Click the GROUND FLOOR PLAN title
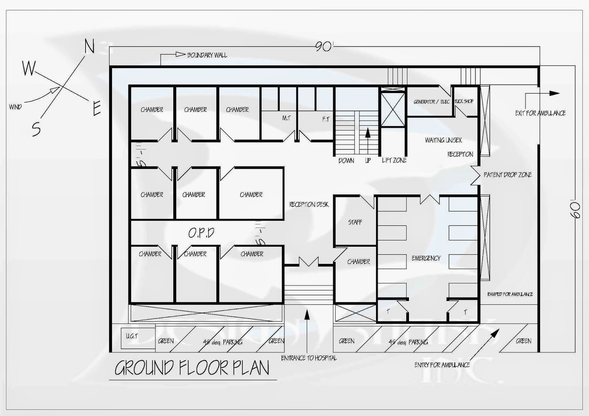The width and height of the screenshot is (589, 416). (x=192, y=368)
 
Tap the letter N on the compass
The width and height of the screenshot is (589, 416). (x=89, y=47)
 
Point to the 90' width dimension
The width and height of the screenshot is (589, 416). (x=324, y=47)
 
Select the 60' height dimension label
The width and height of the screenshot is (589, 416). (x=575, y=210)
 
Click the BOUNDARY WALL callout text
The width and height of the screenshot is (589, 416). (x=207, y=55)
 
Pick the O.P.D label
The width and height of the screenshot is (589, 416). (x=201, y=233)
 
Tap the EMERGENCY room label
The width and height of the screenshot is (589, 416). (x=426, y=258)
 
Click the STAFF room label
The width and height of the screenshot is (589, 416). (x=355, y=222)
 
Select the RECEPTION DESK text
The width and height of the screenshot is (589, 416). (x=309, y=205)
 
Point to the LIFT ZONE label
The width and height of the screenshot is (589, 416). (x=394, y=160)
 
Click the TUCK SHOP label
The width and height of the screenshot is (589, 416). (x=464, y=101)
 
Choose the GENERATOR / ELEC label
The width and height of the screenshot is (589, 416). (x=431, y=102)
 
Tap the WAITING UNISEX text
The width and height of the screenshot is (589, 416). (x=443, y=140)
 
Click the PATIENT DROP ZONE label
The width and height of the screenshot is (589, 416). (x=508, y=175)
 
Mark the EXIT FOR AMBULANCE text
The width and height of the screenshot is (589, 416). (x=540, y=113)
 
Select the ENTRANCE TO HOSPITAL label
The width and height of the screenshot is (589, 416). (x=308, y=358)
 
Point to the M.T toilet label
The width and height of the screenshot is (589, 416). (x=286, y=118)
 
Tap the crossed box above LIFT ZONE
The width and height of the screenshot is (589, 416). (x=392, y=110)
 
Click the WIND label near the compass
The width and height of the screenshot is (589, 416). (x=15, y=107)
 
